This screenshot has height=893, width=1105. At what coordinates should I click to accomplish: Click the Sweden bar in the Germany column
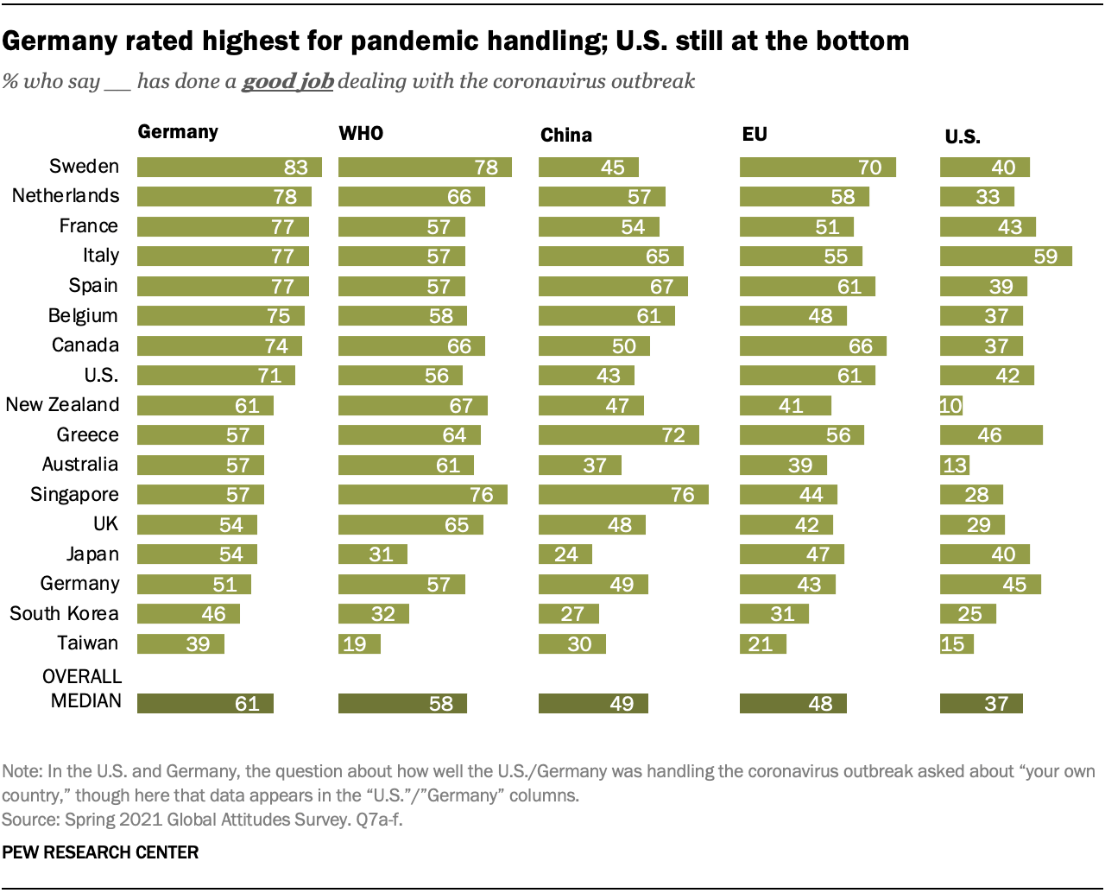click(229, 167)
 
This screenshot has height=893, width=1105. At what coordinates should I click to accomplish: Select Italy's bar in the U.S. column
click(1006, 256)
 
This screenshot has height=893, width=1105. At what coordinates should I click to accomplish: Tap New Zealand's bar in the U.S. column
click(950, 406)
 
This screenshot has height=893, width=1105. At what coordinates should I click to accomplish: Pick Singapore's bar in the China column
click(623, 495)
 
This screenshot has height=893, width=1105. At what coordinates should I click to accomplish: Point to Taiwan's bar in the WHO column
click(359, 644)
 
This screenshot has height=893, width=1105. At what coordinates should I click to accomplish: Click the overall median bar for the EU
click(792, 704)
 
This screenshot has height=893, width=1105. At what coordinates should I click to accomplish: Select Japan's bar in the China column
click(565, 554)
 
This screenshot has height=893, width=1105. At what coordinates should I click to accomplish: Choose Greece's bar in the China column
click(618, 435)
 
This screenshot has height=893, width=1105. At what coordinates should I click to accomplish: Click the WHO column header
click(361, 133)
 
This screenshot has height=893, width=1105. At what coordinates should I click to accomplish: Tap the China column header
click(566, 135)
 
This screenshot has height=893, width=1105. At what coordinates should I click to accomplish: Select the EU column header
click(755, 134)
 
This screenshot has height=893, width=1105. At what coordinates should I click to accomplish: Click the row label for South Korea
click(64, 614)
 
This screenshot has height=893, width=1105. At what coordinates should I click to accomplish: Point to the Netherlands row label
click(66, 196)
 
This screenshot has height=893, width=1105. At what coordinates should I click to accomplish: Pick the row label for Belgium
click(83, 316)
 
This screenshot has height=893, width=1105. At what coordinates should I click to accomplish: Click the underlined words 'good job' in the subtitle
click(287, 81)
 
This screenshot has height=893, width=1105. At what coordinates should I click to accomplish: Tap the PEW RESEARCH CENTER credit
click(100, 852)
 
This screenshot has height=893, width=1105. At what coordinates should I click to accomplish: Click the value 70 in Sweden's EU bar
click(869, 168)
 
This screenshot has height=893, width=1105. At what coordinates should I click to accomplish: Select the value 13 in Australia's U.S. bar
click(955, 465)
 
